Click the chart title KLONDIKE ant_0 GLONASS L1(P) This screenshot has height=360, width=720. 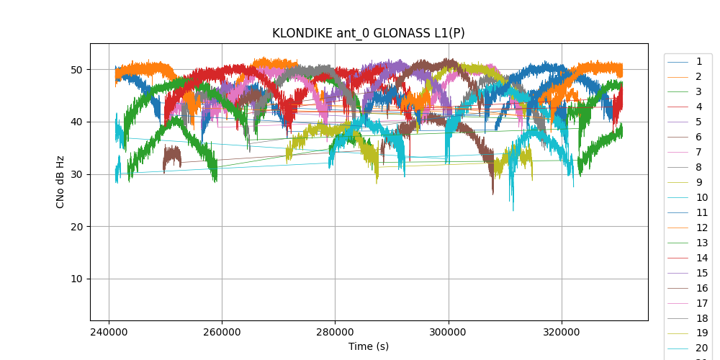tap(368, 33)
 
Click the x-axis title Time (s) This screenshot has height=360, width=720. tap(368, 346)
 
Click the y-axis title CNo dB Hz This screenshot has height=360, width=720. tap(60, 181)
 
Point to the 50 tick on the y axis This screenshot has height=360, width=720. tap(76, 70)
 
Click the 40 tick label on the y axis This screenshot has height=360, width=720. tap(76, 122)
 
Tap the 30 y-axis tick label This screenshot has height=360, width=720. tap(76, 174)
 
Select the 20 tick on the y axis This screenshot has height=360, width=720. tap(76, 227)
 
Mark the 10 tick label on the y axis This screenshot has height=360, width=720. tap(76, 279)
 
